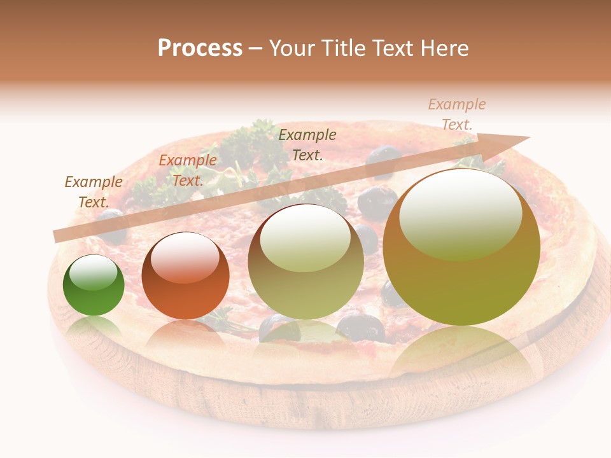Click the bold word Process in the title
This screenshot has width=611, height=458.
coord(200,48)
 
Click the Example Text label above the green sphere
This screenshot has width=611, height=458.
coord(94,191)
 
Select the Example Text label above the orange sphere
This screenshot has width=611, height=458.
coord(188,170)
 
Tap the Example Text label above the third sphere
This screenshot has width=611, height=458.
coord(307,144)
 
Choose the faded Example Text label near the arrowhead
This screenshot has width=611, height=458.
coord(457,114)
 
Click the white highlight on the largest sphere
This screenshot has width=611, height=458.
coord(460,214)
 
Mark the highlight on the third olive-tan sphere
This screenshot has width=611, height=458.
coord(305,238)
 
